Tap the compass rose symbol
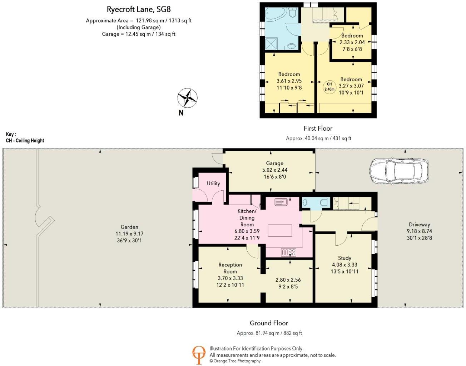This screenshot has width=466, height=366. click(187, 97)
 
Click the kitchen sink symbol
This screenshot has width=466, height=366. click(281, 202)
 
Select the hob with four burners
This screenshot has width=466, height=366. click(288, 252)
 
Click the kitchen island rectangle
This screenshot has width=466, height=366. click(280, 231)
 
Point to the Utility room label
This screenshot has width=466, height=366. click(213, 184)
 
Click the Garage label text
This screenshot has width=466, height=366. click(274, 163)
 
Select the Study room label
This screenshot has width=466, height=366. click(344, 258)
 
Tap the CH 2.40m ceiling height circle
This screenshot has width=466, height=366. click(329, 87)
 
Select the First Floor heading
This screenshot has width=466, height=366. click(318, 128)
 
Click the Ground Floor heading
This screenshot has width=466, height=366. click(269, 323)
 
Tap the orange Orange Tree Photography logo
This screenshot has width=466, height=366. click(199, 355)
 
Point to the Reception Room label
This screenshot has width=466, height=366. click(230, 268)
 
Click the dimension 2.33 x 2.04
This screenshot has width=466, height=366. click(352, 42)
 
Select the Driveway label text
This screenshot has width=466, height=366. click(419, 225)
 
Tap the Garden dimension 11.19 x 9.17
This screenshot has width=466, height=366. click(129, 234)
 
